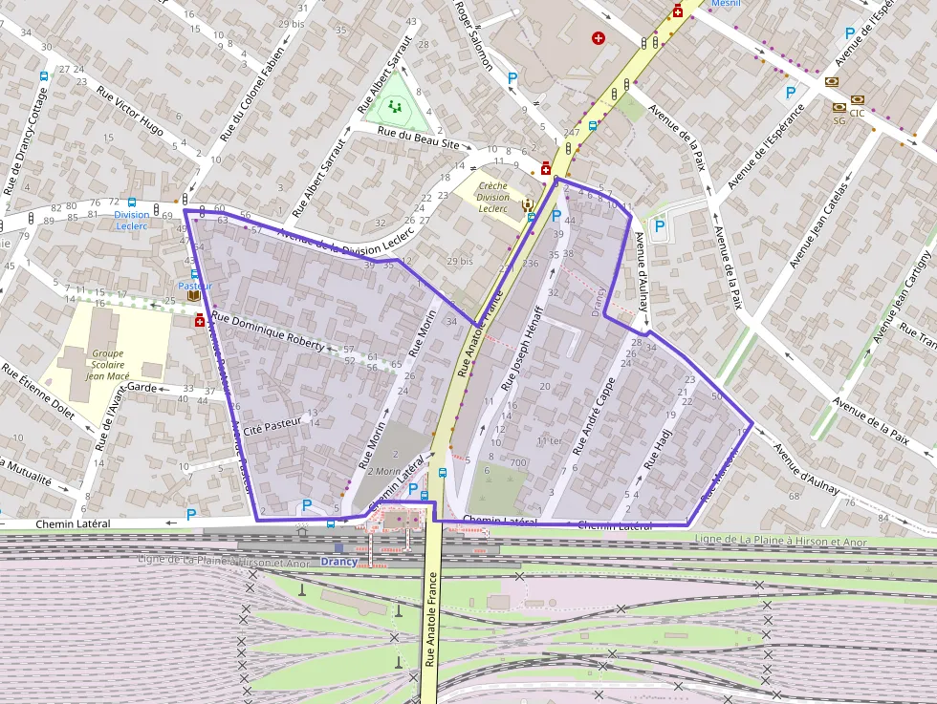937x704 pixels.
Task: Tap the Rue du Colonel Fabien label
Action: pyautogui.click(x=252, y=95)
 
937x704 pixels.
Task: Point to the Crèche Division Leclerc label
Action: pyautogui.click(x=492, y=196)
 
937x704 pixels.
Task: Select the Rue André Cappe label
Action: pyautogui.click(x=595, y=408)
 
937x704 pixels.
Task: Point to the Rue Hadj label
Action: pyautogui.click(x=658, y=447)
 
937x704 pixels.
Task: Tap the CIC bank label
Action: pyautogui.click(x=857, y=113)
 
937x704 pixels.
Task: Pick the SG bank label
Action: pyautogui.click(x=839, y=121)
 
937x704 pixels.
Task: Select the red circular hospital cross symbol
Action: pyautogui.click(x=599, y=39)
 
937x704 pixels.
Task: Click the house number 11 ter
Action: pyautogui.click(x=549, y=441)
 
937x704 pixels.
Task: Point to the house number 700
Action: pyautogui.click(x=518, y=463)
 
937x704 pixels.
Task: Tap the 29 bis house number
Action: pyautogui.click(x=460, y=261)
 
